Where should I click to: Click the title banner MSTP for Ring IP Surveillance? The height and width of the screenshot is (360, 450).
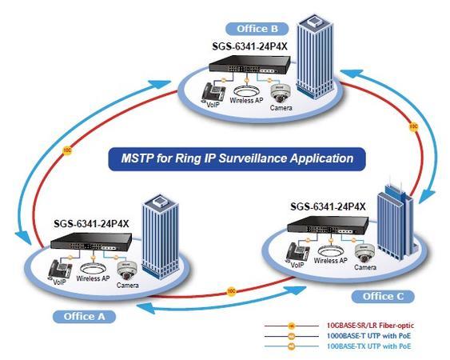click(x=237, y=158)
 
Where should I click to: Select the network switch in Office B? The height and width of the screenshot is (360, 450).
click(x=240, y=70)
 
